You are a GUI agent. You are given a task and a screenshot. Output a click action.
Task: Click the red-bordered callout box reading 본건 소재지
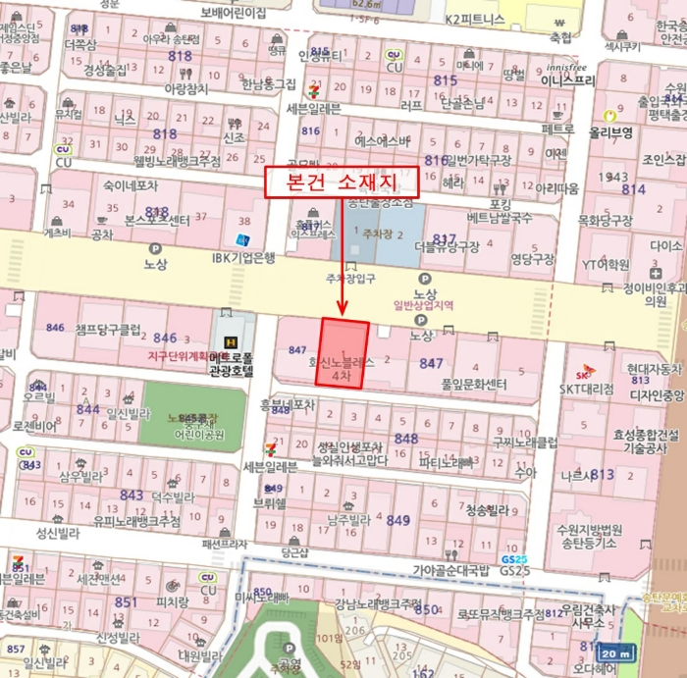pyautogui.click(x=342, y=183)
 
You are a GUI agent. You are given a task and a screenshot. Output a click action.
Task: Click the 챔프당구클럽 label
pyautogui.click(x=109, y=330)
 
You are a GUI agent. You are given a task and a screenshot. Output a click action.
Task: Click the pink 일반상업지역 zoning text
pyautogui.click(x=423, y=305)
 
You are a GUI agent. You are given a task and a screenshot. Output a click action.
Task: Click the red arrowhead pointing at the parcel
pyautogui.click(x=343, y=308)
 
